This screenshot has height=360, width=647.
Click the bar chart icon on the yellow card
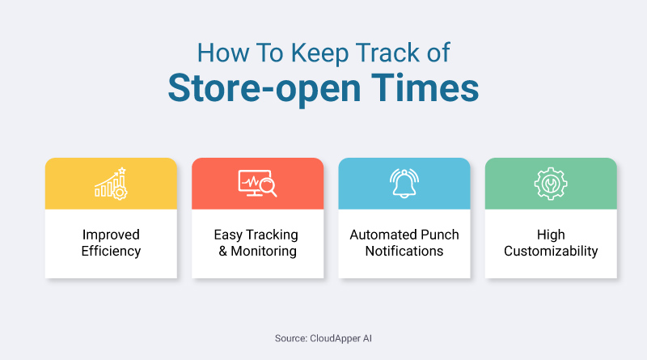111,184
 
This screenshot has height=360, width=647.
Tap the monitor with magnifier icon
257,184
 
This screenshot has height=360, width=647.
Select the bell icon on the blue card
404,184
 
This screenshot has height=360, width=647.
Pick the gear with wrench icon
551,184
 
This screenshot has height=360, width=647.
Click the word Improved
111,235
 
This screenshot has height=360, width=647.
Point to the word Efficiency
111,251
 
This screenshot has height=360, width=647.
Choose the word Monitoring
264,251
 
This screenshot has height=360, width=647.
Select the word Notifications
404,251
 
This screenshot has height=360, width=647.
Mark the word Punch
441,235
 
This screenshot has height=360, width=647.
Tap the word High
551,235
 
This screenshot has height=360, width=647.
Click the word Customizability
551,251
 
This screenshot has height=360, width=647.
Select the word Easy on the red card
229,235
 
